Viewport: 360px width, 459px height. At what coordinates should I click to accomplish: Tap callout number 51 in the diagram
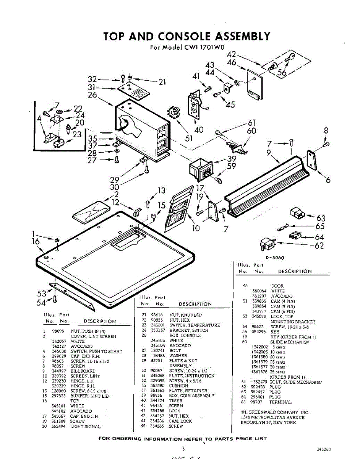(189, 138)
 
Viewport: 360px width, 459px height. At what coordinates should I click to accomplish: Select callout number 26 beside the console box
(92, 95)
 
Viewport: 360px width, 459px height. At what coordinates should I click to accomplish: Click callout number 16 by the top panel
(36, 241)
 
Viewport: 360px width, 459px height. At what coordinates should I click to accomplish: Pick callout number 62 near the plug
(319, 246)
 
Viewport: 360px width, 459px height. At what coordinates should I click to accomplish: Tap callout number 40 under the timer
(199, 130)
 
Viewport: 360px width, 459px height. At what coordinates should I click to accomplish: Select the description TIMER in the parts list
(176, 400)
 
